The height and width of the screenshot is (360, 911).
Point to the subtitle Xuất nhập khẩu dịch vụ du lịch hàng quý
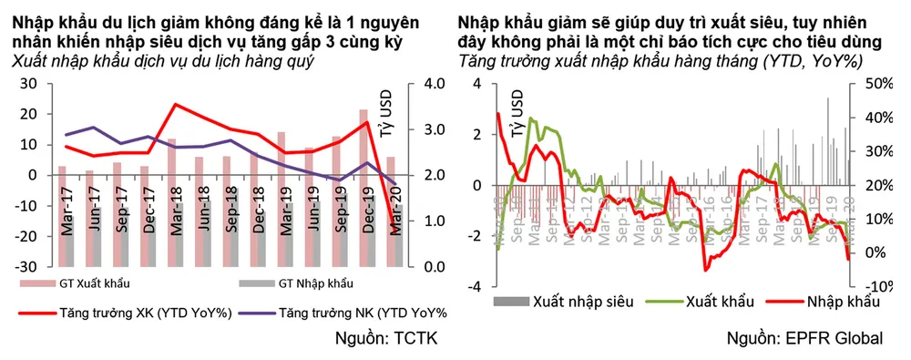pos(163,60)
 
